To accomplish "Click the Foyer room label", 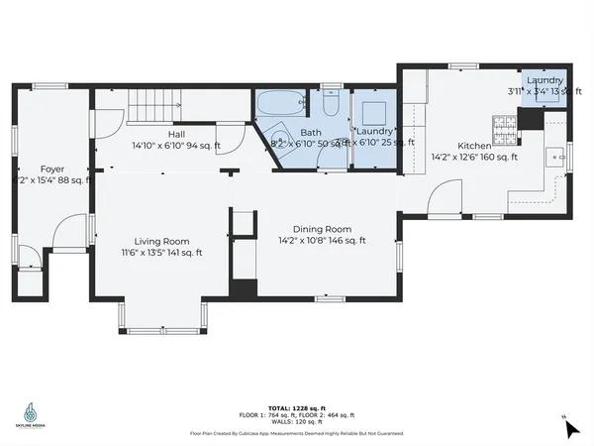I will tap(52, 168).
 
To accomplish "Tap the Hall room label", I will tap(176, 134).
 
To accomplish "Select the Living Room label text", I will tap(162, 241).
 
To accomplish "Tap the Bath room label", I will tap(311, 133).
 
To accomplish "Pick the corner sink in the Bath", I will tap(278, 138).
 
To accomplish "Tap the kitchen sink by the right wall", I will tap(557, 157).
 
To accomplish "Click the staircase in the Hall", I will tap(153, 102).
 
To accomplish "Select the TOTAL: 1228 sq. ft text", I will tap(296, 408).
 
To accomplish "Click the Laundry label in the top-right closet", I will tap(544, 80).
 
